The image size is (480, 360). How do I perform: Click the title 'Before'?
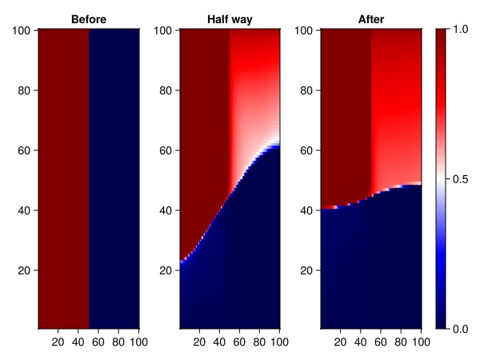pyautogui.click(x=89, y=18)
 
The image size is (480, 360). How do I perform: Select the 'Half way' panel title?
pyautogui.click(x=230, y=18)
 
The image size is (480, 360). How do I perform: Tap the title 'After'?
pyautogui.click(x=370, y=18)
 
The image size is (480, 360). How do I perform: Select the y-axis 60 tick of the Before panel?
pyautogui.click(x=24, y=150)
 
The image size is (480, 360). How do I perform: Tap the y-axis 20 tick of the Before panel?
pyautogui.click(x=24, y=270)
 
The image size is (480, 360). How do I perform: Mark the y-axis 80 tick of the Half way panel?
pyautogui.click(x=166, y=90)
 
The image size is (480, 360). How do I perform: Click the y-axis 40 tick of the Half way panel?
pyautogui.click(x=166, y=210)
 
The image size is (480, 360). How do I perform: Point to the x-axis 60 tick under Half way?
pyautogui.click(x=239, y=343)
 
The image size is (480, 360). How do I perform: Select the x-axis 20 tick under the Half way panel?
pyautogui.click(x=199, y=343)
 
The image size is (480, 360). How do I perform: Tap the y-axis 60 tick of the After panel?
pyautogui.click(x=306, y=150)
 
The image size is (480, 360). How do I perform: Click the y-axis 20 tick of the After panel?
pyautogui.click(x=306, y=270)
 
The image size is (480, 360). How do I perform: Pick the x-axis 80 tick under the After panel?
pyautogui.click(x=400, y=343)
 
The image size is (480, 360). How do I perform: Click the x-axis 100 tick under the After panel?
pyautogui.click(x=420, y=343)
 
